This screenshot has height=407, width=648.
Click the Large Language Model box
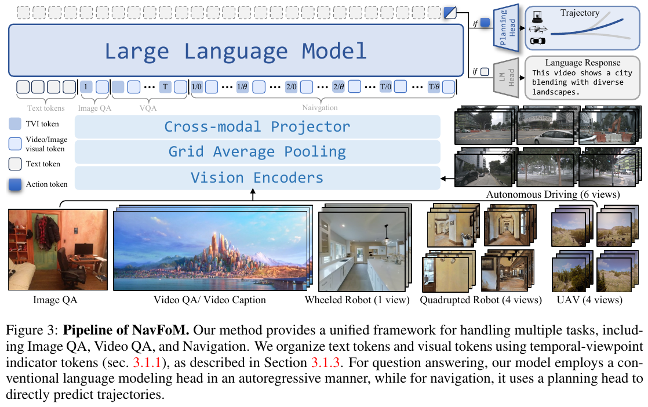tap(236, 50)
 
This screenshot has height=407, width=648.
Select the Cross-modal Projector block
tap(257, 127)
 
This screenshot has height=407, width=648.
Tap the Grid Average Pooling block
tap(257, 152)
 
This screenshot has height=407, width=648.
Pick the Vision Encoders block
tap(257, 177)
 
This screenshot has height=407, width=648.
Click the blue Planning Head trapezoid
tap(506, 28)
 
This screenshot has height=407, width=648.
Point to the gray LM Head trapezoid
tap(506, 77)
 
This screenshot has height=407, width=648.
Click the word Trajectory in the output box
tap(580, 13)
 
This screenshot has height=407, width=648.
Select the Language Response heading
tap(583, 63)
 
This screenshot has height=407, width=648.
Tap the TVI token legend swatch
tap(15, 123)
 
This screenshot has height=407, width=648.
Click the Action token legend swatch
tap(15, 184)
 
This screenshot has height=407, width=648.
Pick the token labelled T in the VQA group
tap(165, 87)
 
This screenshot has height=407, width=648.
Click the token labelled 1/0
tap(196, 87)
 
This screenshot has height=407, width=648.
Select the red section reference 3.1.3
tap(325, 362)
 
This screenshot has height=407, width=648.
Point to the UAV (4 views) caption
tap(589, 300)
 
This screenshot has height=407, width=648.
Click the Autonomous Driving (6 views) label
tap(553, 194)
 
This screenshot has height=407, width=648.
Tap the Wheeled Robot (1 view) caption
tap(357, 300)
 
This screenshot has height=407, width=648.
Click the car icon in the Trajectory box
tap(537, 41)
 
